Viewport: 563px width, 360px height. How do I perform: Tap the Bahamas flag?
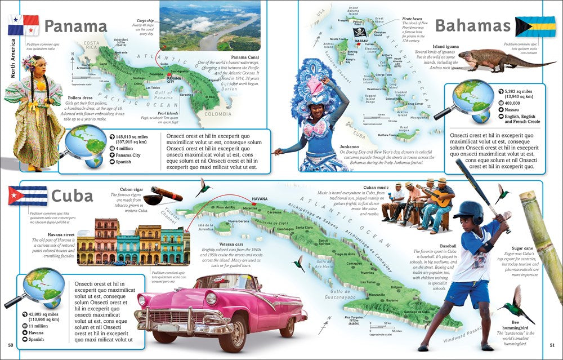535,26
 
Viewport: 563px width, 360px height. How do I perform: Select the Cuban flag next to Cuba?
28,195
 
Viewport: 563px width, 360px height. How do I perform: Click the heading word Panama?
75,26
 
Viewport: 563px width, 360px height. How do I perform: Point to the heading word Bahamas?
472,25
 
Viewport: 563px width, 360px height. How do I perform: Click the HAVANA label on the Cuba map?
260,199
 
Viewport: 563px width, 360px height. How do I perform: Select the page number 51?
552,345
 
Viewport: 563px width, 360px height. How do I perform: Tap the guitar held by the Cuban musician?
440,198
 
